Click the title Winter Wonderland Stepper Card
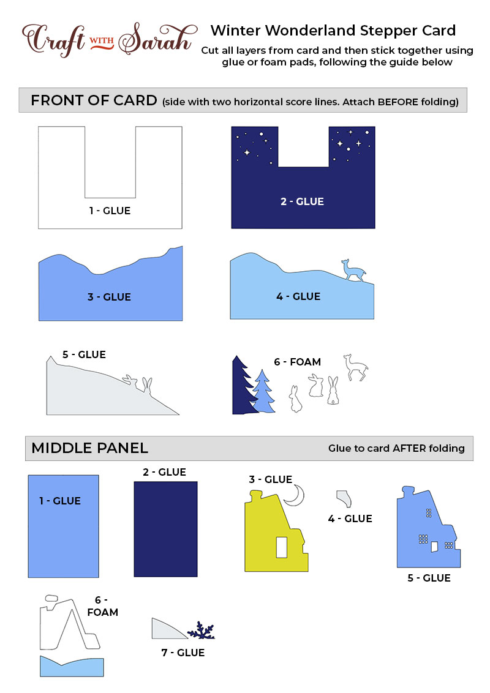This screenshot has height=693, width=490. pyautogui.click(x=333, y=31)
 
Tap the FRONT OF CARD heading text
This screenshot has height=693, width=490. pyautogui.click(x=94, y=100)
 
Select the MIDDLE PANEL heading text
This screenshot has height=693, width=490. pyautogui.click(x=90, y=448)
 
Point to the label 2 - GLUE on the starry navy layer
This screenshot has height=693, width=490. pyautogui.click(x=302, y=201)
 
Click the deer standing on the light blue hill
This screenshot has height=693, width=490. pyautogui.click(x=353, y=270)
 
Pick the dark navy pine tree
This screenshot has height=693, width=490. pyautogui.click(x=244, y=385)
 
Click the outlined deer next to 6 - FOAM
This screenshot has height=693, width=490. pyautogui.click(x=356, y=367)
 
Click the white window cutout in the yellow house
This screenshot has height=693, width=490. pyautogui.click(x=281, y=547)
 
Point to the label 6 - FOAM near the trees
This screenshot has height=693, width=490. pyautogui.click(x=297, y=362)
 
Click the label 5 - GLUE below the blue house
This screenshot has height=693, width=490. pyautogui.click(x=429, y=578)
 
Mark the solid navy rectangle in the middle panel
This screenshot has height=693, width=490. pyautogui.click(x=165, y=529)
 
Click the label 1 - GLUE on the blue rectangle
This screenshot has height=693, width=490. pyautogui.click(x=60, y=501)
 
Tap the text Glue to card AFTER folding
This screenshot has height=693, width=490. pyautogui.click(x=396, y=448)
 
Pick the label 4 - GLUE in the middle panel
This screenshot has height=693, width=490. pyautogui.click(x=350, y=519)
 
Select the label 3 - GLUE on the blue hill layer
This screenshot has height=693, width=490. pyautogui.click(x=109, y=297)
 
